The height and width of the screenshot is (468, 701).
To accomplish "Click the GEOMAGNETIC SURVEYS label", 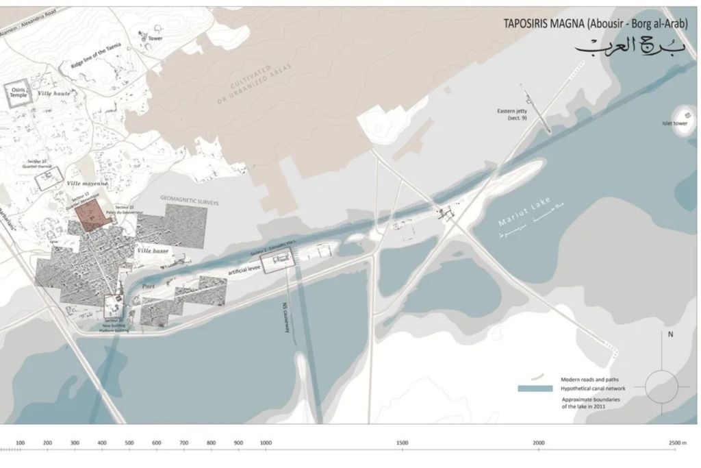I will tap(189, 198).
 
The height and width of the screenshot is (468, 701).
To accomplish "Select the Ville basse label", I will tap(153, 251).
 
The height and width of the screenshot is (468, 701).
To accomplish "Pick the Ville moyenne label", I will tap(87, 184).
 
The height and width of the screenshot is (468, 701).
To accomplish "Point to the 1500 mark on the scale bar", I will tap(403, 443).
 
